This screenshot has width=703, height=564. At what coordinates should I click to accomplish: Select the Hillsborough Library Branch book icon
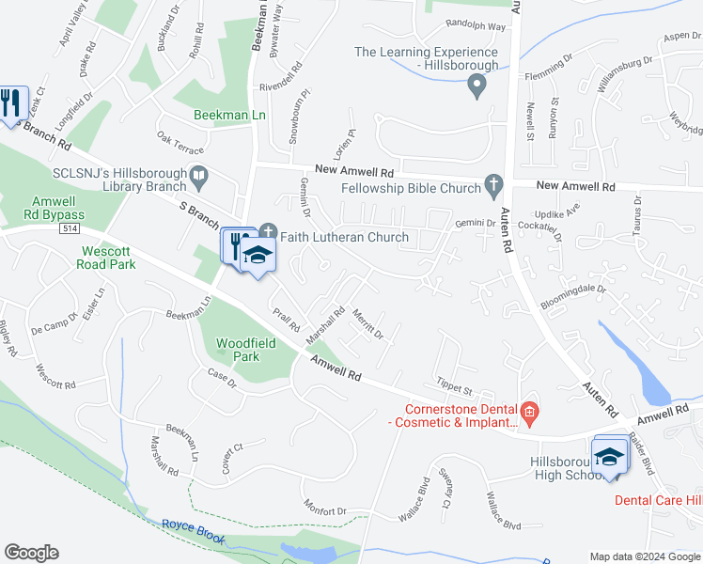pyautogui.click(x=198, y=175)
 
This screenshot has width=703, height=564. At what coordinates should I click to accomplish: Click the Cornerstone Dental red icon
pyautogui.click(x=530, y=411)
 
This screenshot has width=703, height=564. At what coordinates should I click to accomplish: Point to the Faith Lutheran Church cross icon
pyautogui.click(x=268, y=230)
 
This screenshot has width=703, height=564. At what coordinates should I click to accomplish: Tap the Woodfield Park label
pyautogui.click(x=245, y=351)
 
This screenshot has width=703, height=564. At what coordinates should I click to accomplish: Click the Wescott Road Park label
pyautogui.click(x=109, y=258)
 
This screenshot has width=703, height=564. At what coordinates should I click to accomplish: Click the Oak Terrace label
pyautogui.click(x=180, y=142)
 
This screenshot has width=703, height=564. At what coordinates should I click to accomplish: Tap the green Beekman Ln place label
pyautogui.click(x=229, y=115)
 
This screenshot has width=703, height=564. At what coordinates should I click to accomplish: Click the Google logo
pyautogui.click(x=31, y=553)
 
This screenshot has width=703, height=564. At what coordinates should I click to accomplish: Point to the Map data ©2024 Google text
pyautogui.click(x=644, y=556)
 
